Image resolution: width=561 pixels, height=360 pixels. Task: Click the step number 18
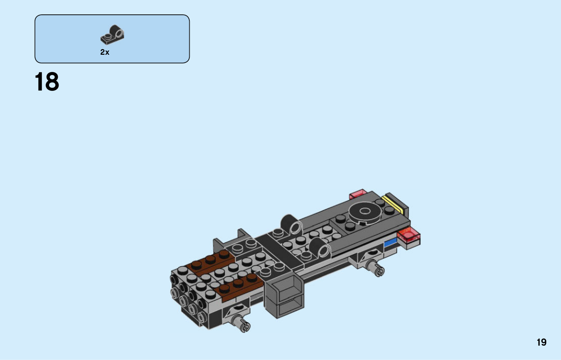click(x=47, y=81)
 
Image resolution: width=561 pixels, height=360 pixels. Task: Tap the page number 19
click(x=541, y=342)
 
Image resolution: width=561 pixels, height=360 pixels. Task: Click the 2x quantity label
click(x=105, y=52)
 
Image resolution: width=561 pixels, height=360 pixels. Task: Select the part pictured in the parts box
click(x=112, y=35)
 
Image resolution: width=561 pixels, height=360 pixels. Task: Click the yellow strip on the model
click(x=392, y=205)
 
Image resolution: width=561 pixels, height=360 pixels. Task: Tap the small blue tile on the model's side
click(x=391, y=242)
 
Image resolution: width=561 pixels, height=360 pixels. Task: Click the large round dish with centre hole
click(x=365, y=212)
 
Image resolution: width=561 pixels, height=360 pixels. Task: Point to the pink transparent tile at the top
click(x=358, y=194)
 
